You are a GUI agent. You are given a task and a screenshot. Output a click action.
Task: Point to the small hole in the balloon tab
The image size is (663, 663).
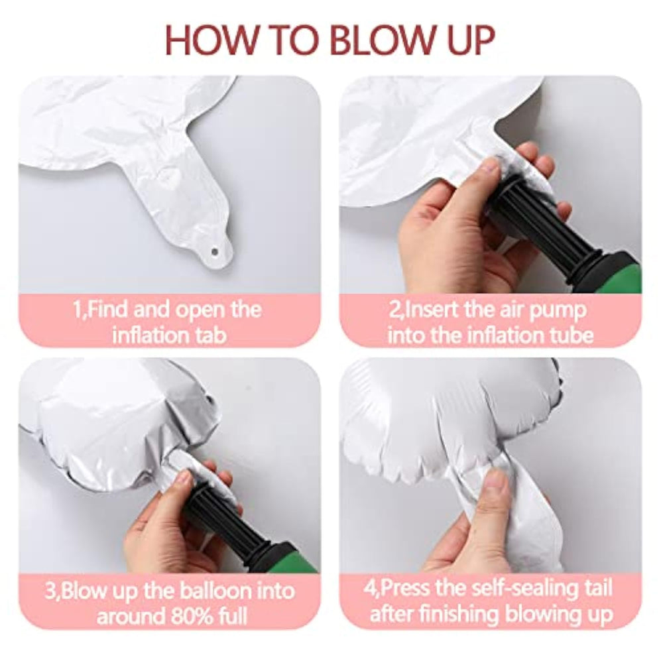(x=215, y=252)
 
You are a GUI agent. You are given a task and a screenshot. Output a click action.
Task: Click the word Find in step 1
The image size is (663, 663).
(x=107, y=310)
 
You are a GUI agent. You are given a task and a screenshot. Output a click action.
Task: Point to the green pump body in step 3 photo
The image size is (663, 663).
(x=292, y=560)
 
